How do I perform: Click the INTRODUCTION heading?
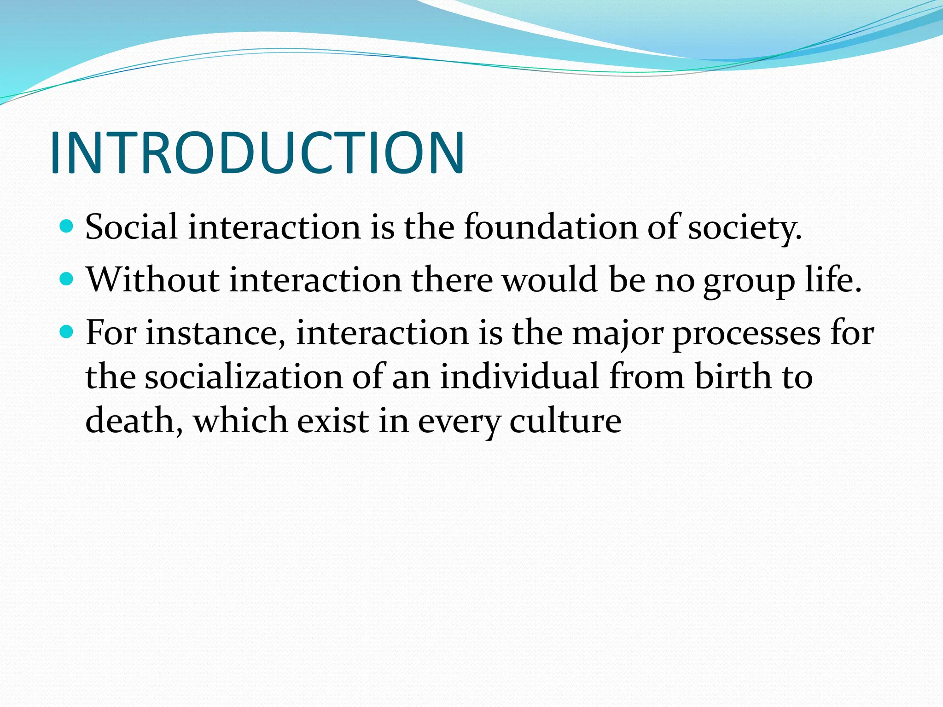click(x=257, y=153)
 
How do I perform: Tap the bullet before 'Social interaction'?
click(x=67, y=226)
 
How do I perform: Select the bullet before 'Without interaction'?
click(x=67, y=278)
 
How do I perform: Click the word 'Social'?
click(x=132, y=227)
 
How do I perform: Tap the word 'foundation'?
click(x=551, y=227)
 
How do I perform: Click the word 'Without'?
click(x=152, y=279)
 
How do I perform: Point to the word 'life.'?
click(x=833, y=279)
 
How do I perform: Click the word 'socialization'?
click(x=244, y=377)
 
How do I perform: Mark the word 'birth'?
click(x=732, y=377)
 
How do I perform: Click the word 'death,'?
click(x=134, y=421)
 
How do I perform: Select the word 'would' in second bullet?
click(x=550, y=279)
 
